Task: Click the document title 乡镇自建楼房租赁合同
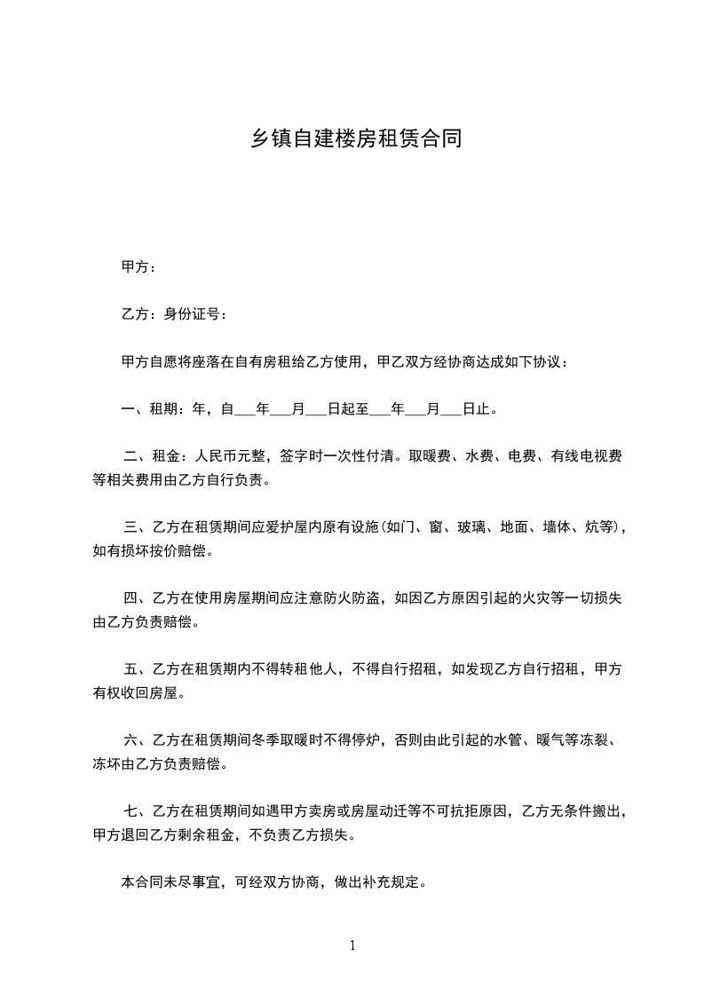pyautogui.click(x=353, y=139)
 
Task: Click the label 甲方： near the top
pyautogui.click(x=138, y=267)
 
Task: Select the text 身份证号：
pyautogui.click(x=197, y=314)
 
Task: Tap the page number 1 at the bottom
pyautogui.click(x=352, y=945)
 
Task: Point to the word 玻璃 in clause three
pyautogui.click(x=471, y=526)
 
